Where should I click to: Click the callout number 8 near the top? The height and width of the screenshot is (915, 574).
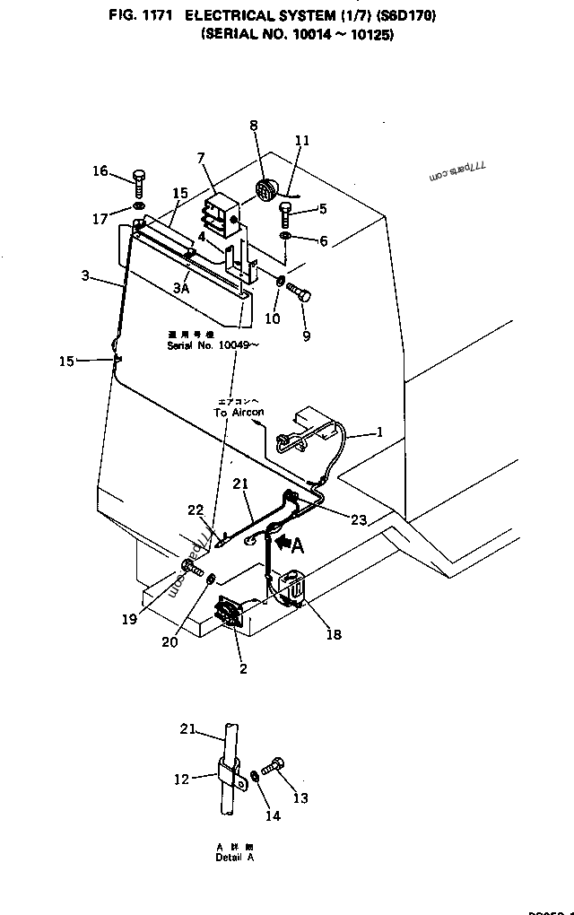(253, 126)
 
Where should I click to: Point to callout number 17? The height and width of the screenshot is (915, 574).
(99, 218)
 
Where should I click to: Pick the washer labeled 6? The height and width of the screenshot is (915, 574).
(284, 236)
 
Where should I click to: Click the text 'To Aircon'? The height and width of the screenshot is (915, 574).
(239, 412)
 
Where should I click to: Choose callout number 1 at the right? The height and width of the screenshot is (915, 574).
(379, 432)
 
